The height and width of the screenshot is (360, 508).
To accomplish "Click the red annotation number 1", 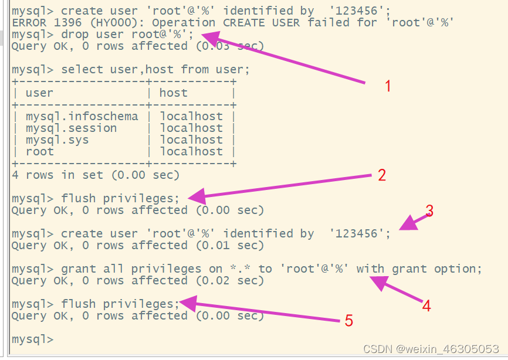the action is pos(388,86).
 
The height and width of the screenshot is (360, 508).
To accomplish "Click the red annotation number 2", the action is pos(382,175).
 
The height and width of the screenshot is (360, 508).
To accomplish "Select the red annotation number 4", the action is pos(426,305).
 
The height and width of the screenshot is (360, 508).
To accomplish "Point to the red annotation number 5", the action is pos(348,321).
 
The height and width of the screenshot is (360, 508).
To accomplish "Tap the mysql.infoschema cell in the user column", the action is pos(82,116).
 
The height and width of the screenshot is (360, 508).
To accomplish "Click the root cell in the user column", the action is pos(39,151).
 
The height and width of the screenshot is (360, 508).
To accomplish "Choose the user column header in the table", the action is pos(39,93).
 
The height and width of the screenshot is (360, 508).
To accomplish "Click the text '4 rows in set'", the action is pos(60,175).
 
